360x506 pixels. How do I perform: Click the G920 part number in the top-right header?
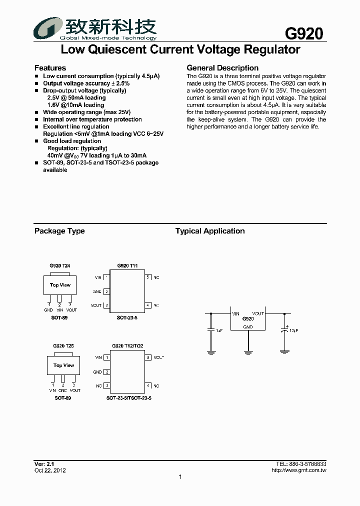point(303,33)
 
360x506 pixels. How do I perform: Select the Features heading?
point(50,68)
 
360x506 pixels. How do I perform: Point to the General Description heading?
point(222,68)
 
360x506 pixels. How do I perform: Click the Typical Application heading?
point(209,231)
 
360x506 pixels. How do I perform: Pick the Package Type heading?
point(59,231)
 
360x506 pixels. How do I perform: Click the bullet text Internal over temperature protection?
point(92,119)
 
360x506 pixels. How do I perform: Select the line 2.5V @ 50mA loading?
point(76,98)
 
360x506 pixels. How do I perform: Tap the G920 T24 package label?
point(59,266)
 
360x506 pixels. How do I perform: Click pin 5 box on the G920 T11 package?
point(148,277)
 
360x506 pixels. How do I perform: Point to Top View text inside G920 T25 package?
point(63,365)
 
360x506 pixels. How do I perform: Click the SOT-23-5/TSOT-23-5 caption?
point(128,398)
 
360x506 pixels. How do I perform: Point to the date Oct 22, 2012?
point(50,470)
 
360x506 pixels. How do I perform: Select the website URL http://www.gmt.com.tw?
point(298,470)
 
